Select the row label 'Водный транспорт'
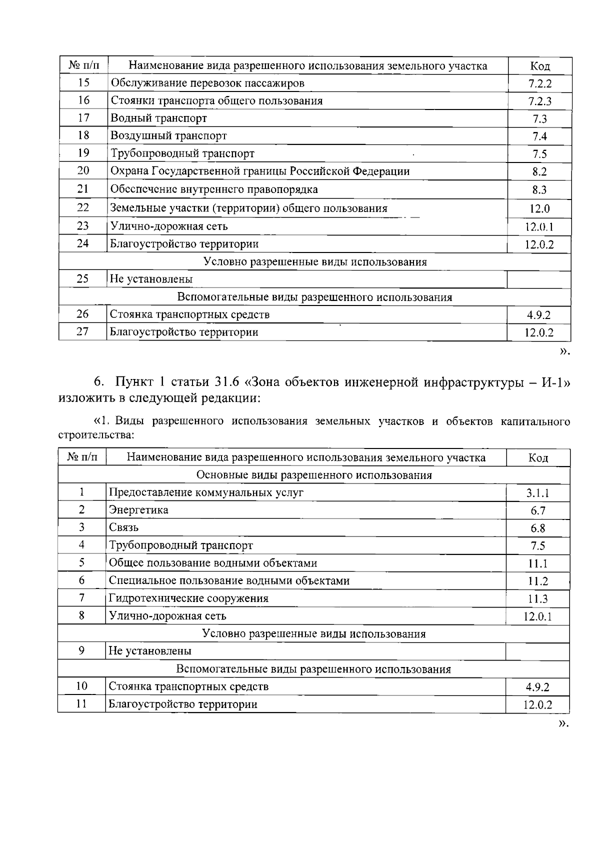tap(158, 118)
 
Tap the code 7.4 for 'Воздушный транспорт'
tap(539, 136)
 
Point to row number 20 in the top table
tap(83, 171)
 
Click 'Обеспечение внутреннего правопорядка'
tap(213, 189)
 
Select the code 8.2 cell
tap(539, 172)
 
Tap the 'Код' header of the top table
tap(540, 66)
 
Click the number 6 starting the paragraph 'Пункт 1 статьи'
tap(98, 382)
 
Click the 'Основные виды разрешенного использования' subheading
tap(314, 475)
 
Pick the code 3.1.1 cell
tap(537, 493)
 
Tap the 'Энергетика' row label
tap(138, 510)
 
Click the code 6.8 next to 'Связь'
tap(537, 528)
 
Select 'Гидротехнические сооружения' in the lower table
tap(188, 598)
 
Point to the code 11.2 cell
tap(538, 581)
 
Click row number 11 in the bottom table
tap(81, 704)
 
